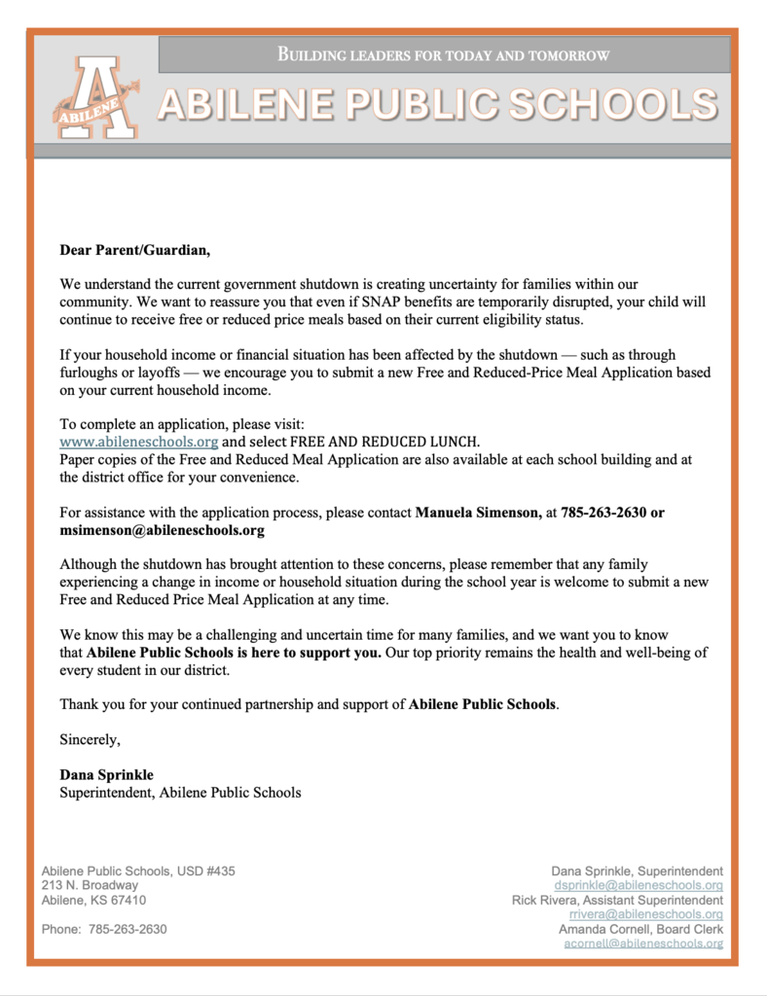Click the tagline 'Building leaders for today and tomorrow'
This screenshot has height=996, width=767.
(444, 55)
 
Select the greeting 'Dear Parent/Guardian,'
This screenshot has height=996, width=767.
(134, 250)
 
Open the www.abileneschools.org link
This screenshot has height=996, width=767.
(138, 441)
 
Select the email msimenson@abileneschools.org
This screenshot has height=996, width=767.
(162, 530)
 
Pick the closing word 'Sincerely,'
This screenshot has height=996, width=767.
(90, 740)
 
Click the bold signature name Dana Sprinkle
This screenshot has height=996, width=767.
(107, 775)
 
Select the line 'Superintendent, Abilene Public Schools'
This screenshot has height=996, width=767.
(180, 793)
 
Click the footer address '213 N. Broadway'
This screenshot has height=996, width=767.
(90, 886)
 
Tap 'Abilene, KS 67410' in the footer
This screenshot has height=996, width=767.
(93, 901)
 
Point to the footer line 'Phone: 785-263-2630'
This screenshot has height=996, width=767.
(104, 930)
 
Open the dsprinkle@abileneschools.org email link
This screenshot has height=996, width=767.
(638, 886)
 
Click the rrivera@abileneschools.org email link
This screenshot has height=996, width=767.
(645, 915)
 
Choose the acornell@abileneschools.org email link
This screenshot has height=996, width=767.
(643, 944)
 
